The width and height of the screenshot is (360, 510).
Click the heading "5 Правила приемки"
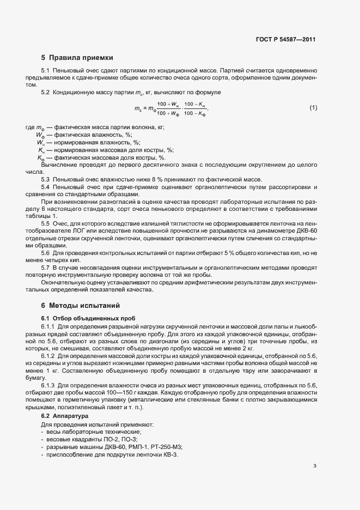coord(77,58)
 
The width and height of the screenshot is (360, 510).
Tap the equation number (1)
coord(313,108)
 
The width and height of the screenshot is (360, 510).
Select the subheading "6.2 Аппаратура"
coord(64,416)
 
